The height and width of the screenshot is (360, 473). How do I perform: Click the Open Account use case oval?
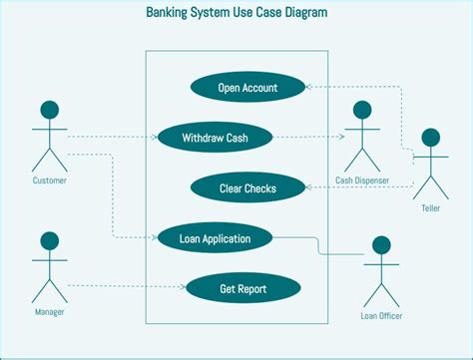[x=247, y=88]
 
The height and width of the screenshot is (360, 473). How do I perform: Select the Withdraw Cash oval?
[x=215, y=138]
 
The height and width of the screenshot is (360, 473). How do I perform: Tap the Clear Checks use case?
[x=247, y=186]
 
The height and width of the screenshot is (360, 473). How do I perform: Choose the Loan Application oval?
[x=215, y=237]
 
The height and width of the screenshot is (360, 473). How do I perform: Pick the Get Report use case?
[x=243, y=288]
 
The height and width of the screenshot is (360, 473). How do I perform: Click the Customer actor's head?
[x=49, y=109]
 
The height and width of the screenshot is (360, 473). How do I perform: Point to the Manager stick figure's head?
[x=49, y=241]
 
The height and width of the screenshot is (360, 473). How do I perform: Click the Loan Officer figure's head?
[x=380, y=244]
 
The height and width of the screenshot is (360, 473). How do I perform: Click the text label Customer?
[x=49, y=180]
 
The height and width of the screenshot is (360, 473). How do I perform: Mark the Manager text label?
[x=49, y=312]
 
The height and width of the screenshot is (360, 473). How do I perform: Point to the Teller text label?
[x=431, y=208]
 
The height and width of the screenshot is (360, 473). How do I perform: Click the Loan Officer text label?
[x=380, y=316]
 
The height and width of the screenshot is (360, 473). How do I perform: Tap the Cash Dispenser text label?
[x=361, y=180]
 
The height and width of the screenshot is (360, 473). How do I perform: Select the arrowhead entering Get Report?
[x=183, y=288]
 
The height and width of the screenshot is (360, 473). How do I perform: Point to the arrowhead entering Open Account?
[x=308, y=88]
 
